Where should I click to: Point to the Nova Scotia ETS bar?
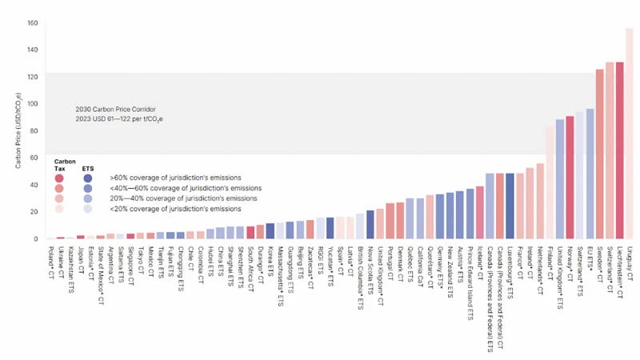[370, 225]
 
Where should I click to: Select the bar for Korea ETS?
[270, 231]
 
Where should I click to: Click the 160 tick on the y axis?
[33, 22]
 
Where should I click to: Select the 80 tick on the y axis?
[33, 130]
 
